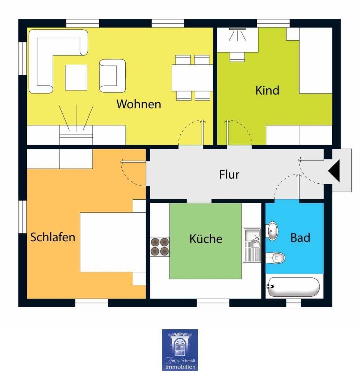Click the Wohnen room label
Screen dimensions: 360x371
[139, 104]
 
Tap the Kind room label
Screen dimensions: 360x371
[267, 90]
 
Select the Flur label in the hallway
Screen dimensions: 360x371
[229, 174]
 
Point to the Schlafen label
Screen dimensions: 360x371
[53, 237]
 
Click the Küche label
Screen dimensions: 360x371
[206, 238]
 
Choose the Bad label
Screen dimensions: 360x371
[300, 238]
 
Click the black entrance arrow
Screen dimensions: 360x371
[334, 171]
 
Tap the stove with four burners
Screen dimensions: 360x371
[160, 247]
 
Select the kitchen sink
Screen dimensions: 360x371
[252, 245]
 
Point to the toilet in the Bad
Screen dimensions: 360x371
[276, 258]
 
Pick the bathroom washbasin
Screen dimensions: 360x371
[272, 231]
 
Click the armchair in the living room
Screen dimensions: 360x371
[112, 76]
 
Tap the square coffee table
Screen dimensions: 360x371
[76, 78]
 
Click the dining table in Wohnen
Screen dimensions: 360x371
[192, 78]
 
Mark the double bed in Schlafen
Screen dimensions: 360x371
[113, 242]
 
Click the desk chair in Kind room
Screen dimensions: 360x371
[237, 57]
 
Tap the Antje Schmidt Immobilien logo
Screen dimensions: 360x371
[180, 350]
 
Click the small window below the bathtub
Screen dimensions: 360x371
[293, 303]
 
